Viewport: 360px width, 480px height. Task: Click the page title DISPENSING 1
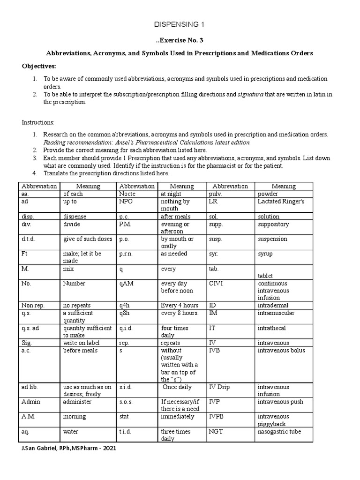point(180,24)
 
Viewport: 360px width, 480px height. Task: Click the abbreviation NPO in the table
point(126,201)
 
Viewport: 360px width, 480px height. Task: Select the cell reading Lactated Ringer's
point(281,201)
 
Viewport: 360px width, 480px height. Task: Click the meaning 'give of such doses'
point(88,239)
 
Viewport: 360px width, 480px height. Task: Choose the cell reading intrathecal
point(271,328)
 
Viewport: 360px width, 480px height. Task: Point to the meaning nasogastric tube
point(279,431)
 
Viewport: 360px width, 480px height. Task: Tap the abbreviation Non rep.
point(33,305)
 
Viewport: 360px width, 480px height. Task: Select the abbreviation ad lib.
point(30,387)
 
